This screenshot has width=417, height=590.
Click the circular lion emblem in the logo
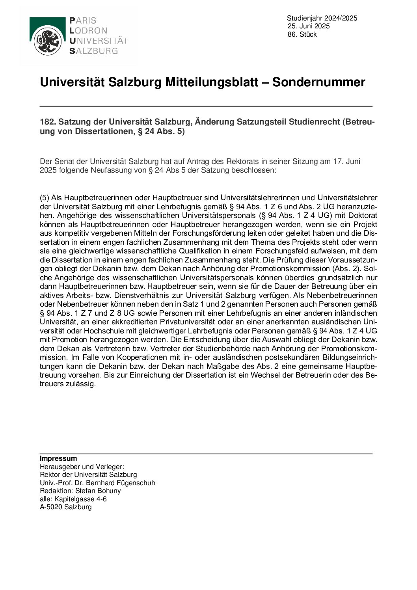[47, 41]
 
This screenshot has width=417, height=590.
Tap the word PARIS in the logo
[82, 21]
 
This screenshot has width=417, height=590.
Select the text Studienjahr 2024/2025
[322, 18]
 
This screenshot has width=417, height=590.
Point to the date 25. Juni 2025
[308, 26]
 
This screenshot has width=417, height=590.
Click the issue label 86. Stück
[302, 35]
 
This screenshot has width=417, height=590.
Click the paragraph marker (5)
[45, 198]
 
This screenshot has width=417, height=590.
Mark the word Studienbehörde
[223, 348]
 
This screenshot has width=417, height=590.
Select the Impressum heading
[58, 459]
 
